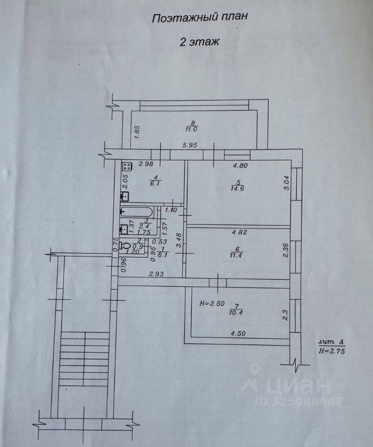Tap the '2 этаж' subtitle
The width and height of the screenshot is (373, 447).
point(199,41)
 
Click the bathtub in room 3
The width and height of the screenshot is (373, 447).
point(138,210)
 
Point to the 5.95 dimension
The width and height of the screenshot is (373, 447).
point(190,145)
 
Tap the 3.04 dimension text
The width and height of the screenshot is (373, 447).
point(287,183)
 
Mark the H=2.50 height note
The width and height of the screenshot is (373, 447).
point(212,304)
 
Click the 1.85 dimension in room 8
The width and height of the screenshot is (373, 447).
point(137,132)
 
